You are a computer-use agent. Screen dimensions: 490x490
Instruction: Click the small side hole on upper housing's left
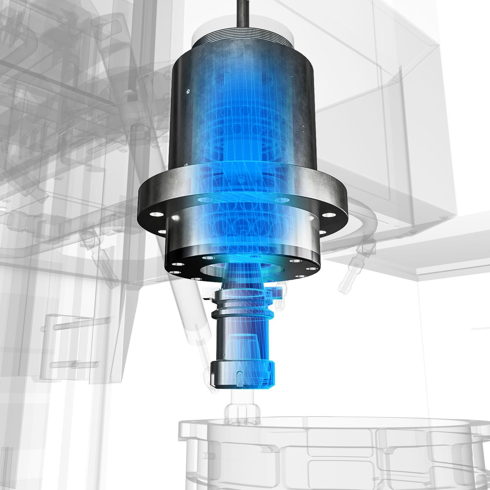coord(187,91)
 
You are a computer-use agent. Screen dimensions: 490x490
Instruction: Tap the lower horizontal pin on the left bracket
coord(75,365)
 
